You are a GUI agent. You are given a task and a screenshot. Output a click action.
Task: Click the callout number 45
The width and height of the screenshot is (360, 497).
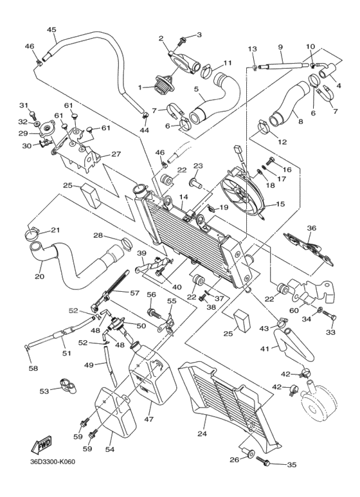51,30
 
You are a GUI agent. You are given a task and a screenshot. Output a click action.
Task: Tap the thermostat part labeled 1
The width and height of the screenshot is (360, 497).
158,86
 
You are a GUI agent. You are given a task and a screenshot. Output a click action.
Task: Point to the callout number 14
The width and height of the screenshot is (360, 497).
183,197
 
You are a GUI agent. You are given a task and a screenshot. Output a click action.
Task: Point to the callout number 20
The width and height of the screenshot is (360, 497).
40,277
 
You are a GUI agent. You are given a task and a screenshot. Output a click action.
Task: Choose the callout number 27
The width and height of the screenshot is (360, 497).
116,154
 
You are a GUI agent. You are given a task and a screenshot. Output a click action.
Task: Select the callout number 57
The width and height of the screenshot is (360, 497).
134,293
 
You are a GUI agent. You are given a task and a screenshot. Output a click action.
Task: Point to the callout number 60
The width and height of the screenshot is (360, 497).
294,311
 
